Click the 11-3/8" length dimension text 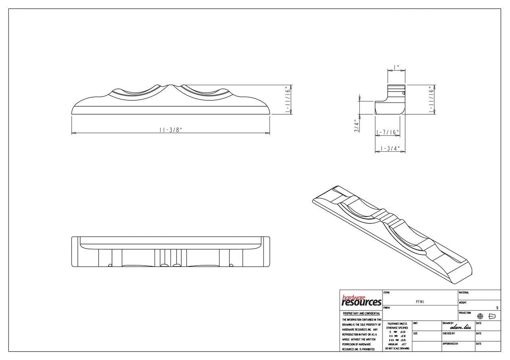pos(171,130)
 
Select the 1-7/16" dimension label pos(387,132)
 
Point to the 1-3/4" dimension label pos(390,149)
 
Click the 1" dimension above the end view pos(396,67)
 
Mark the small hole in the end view pos(404,93)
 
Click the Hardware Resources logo pos(361,301)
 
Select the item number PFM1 pos(420,302)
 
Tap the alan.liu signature pos(460,327)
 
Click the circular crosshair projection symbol pos(480,316)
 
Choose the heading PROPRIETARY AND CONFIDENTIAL pos(361,313)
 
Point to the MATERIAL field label pos(464,293)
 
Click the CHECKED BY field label pos(449,333)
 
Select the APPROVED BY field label pos(450,343)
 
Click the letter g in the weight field pos(497,307)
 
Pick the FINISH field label pos(386,308)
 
